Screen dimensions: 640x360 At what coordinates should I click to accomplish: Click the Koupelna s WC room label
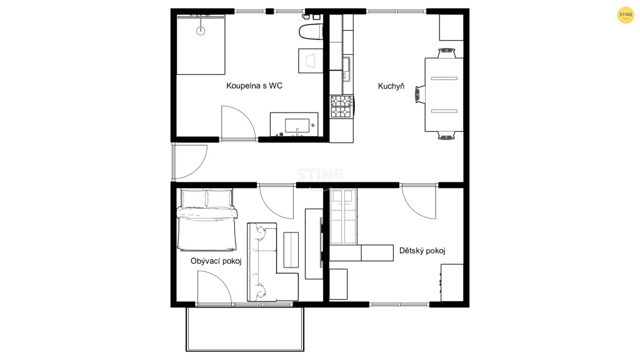(254, 86)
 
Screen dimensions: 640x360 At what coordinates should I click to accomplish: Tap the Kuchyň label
(391, 86)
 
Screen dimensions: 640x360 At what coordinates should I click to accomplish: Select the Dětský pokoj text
(422, 251)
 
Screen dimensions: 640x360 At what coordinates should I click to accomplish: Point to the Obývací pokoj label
(216, 261)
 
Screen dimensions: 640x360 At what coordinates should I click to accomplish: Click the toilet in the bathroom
(311, 32)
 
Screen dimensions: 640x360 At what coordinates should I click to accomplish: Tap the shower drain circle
(201, 31)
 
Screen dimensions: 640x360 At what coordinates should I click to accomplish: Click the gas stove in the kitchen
(342, 106)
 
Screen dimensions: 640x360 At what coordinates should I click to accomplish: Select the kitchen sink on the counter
(346, 69)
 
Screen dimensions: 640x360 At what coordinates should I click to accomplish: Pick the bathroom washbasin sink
(297, 126)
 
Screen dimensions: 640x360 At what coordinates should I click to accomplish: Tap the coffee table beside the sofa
(291, 250)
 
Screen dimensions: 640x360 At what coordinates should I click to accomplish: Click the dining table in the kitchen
(444, 95)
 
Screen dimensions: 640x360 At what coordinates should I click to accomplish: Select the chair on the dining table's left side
(420, 95)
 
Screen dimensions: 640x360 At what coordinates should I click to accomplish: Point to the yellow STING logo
(625, 15)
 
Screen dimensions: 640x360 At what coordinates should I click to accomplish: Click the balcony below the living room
(245, 329)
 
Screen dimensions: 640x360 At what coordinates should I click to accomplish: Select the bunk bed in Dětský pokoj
(343, 216)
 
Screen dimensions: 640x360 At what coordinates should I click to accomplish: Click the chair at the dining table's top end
(446, 54)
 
